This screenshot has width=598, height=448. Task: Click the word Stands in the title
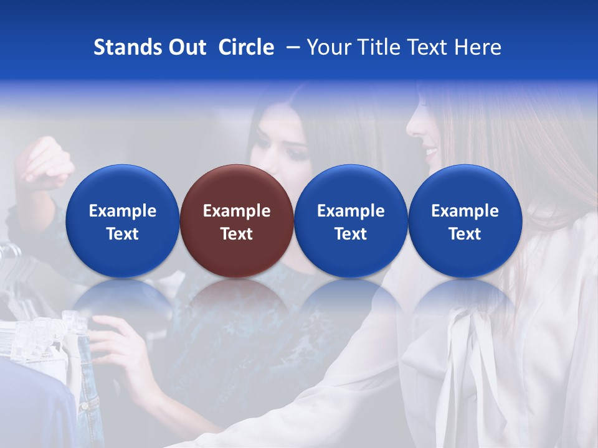121,47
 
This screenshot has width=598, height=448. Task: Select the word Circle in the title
246,47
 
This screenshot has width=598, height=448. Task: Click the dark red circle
237,221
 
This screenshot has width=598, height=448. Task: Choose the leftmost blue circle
122,221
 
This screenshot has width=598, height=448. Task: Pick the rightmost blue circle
465,221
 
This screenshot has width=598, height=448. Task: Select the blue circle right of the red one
351,221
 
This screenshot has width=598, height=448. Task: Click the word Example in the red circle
237,211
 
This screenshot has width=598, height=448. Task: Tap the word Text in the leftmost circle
122,234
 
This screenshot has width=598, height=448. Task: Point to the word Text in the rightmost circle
465,234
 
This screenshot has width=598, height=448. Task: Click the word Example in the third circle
351,211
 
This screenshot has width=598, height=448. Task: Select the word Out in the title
186,47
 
